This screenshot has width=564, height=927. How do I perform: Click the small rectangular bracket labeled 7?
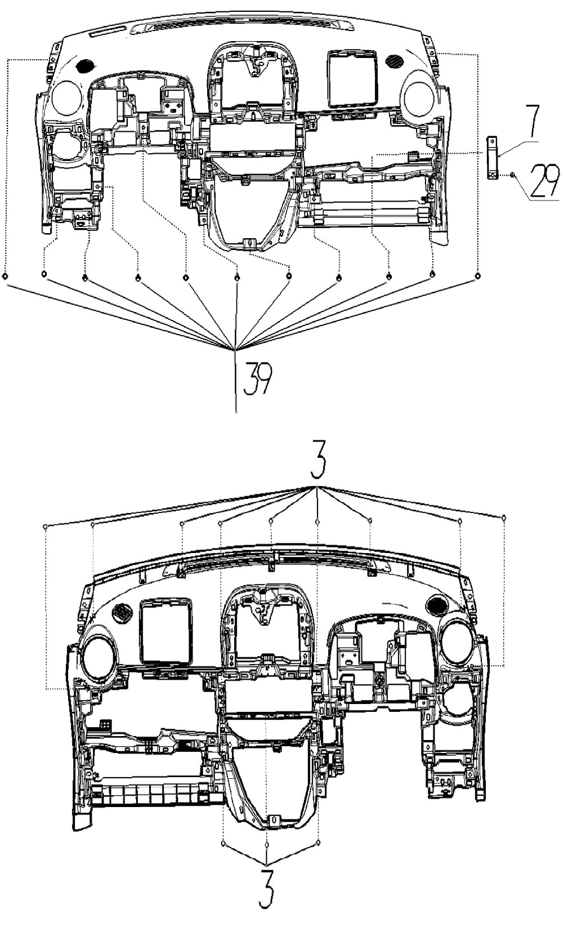click(x=493, y=158)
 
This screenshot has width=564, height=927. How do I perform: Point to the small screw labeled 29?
click(x=513, y=176)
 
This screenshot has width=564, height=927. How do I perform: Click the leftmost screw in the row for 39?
click(x=5, y=276)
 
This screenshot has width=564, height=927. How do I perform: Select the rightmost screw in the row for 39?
click(x=477, y=275)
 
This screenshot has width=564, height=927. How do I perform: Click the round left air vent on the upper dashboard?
click(x=67, y=97)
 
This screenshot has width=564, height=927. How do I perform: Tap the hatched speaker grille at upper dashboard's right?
click(x=395, y=60)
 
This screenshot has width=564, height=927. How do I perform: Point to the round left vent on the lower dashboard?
click(x=100, y=656)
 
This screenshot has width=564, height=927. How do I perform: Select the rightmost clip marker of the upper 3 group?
click(x=504, y=517)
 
